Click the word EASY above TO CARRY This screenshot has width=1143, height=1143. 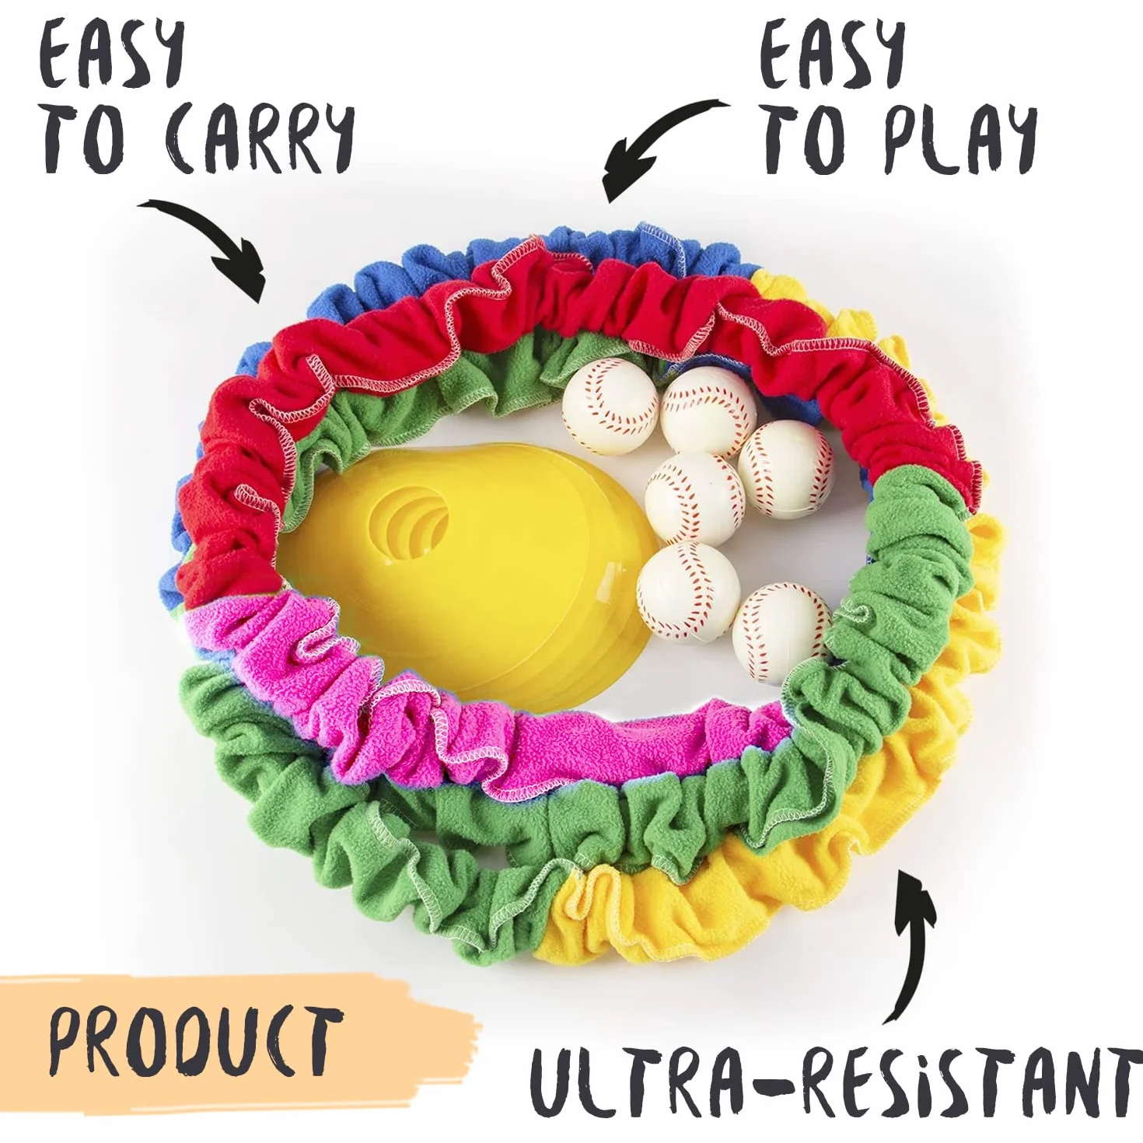(111, 55)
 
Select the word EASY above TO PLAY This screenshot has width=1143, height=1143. (832, 55)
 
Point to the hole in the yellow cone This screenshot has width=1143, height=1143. (409, 522)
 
